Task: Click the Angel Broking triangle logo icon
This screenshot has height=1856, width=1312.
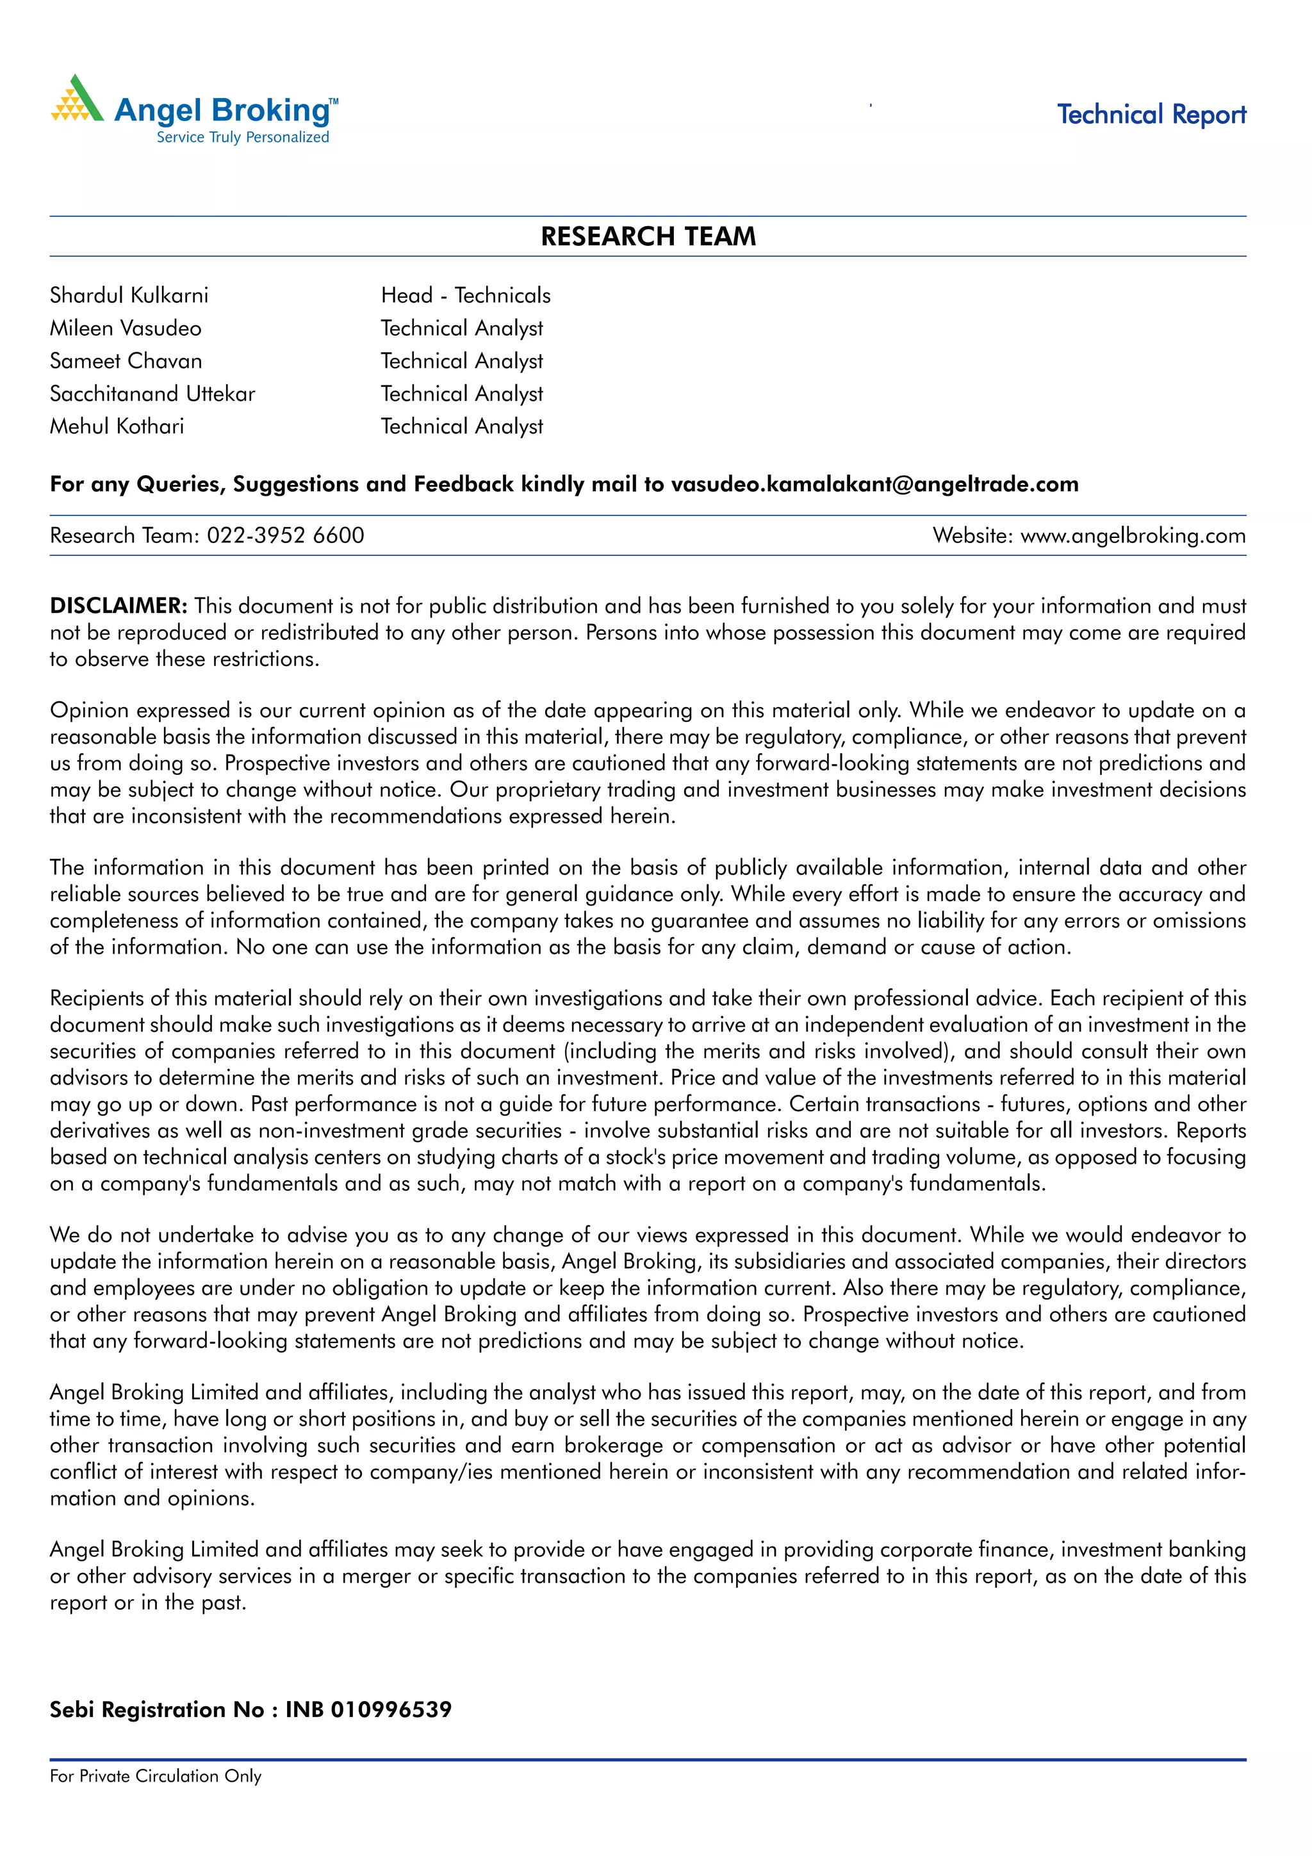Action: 78,101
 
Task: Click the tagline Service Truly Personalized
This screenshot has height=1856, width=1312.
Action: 243,138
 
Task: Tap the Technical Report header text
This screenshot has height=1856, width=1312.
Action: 1151,115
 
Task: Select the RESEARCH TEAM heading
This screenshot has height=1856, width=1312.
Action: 648,237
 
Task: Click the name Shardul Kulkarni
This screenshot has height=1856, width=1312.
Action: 129,295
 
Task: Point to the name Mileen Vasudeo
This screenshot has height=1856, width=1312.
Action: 126,328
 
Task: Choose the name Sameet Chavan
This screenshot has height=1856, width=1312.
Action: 126,361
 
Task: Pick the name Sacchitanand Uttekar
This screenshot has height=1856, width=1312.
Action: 152,394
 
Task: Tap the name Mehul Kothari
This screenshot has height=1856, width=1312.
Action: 117,426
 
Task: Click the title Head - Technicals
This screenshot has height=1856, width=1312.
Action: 466,295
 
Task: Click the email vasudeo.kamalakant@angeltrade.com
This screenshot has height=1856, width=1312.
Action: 874,484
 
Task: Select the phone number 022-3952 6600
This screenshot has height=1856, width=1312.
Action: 285,535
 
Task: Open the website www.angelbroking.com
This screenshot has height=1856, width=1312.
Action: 1133,535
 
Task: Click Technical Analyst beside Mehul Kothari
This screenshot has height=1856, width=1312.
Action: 462,426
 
